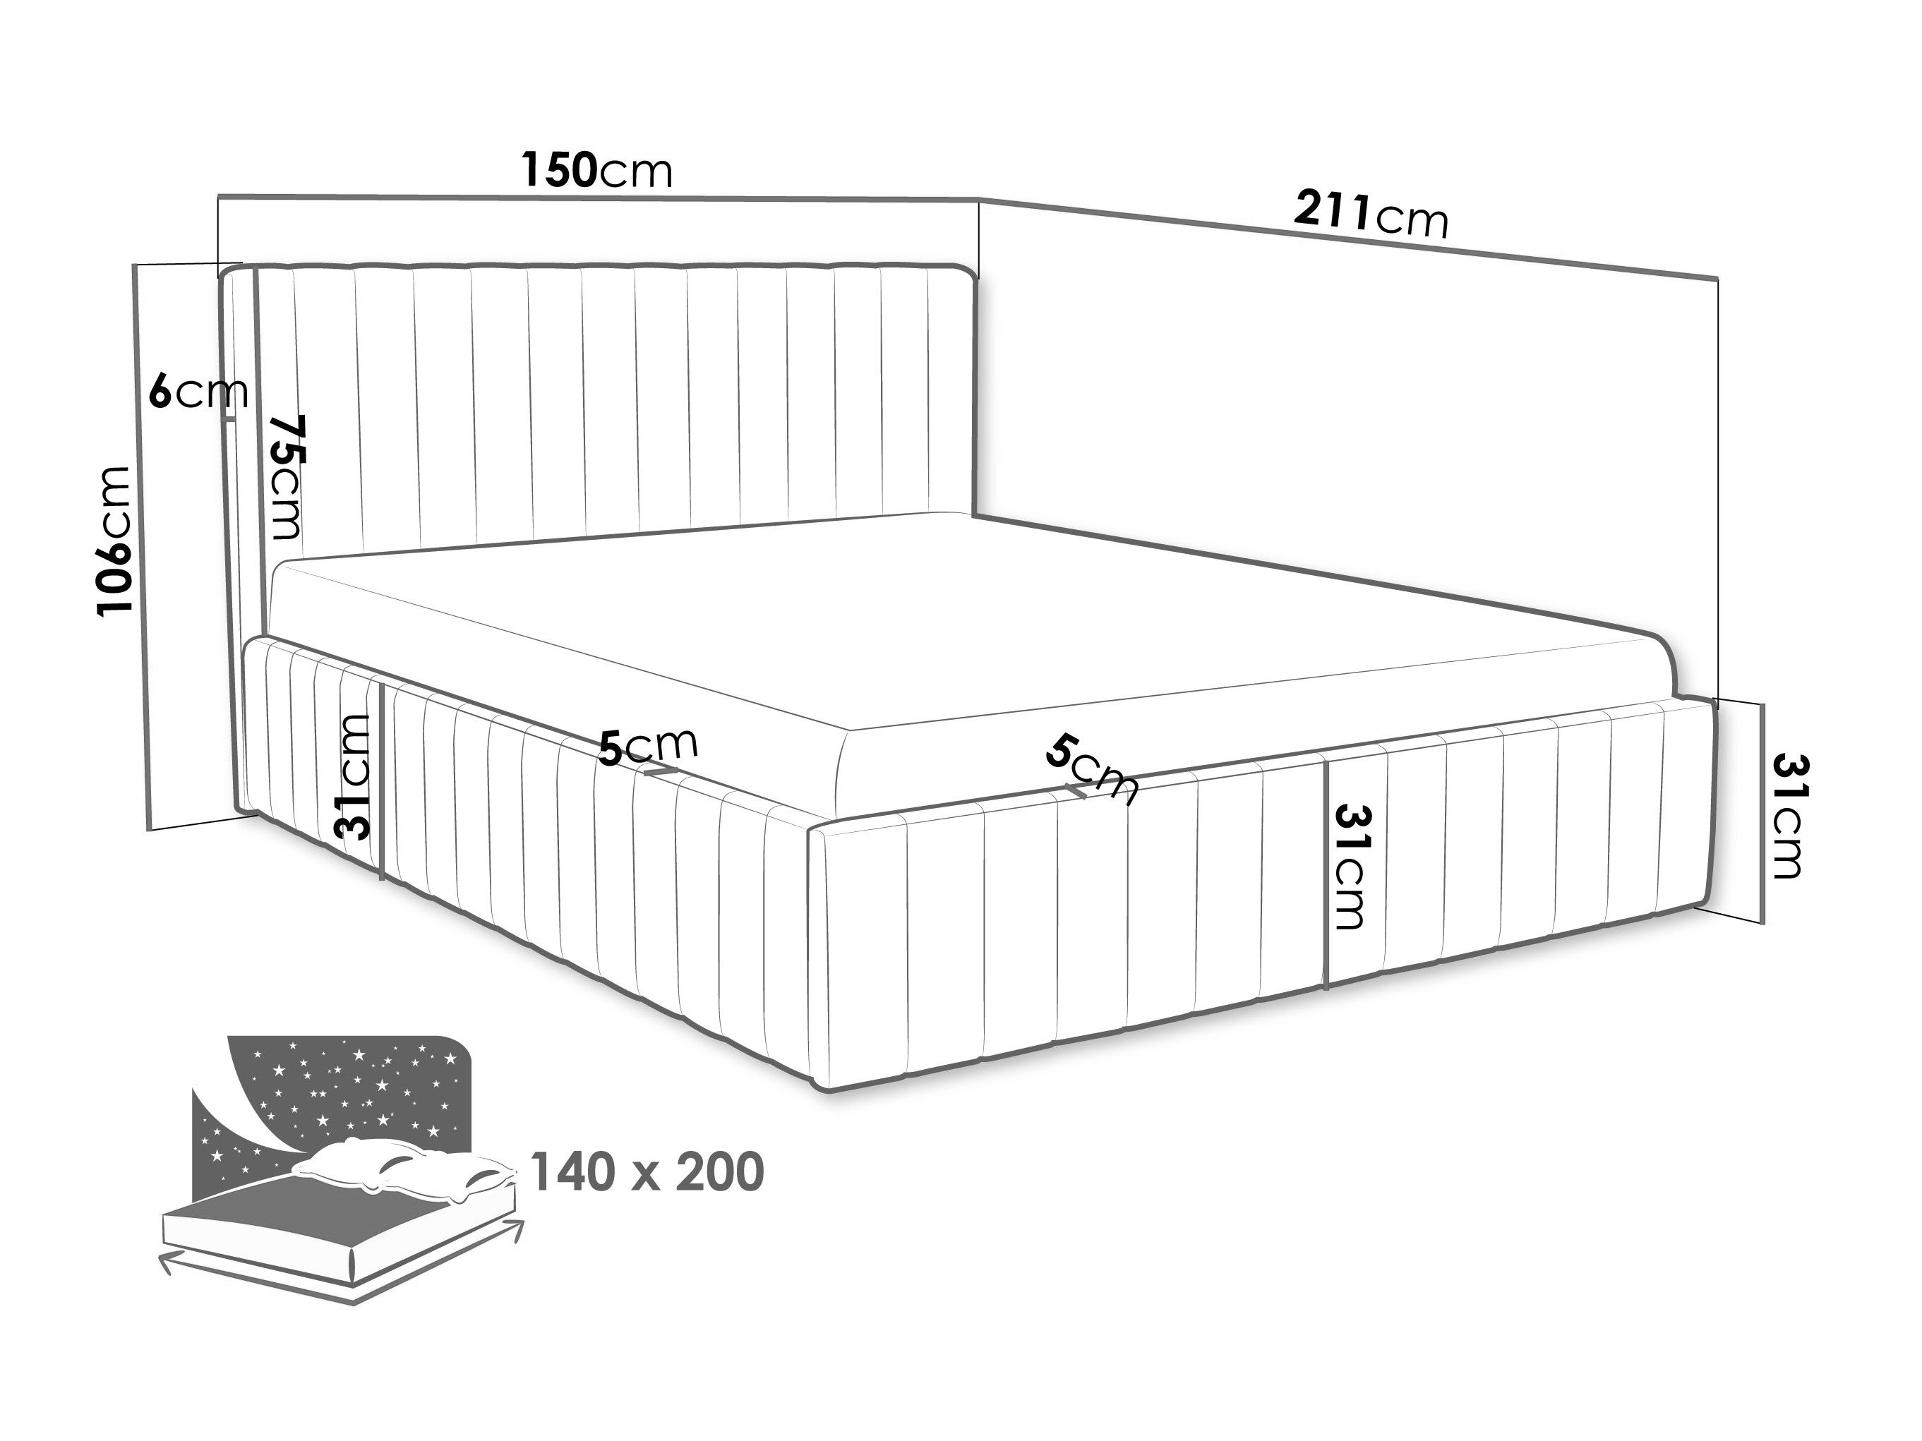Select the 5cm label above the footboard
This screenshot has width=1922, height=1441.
(1091, 768)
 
